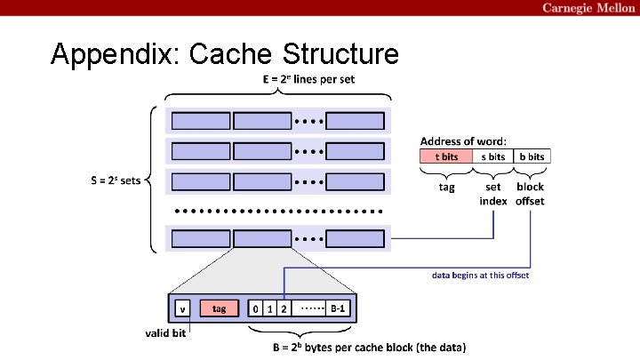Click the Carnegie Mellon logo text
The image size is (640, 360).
click(x=588, y=8)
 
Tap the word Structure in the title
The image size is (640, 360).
click(x=340, y=53)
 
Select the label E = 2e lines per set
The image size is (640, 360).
click(x=308, y=79)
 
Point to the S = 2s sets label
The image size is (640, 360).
click(x=116, y=180)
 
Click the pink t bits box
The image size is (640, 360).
click(x=446, y=156)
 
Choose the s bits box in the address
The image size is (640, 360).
click(x=493, y=156)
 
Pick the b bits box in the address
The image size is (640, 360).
click(x=532, y=156)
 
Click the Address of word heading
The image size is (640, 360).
click(x=463, y=141)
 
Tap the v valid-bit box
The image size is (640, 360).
click(x=182, y=308)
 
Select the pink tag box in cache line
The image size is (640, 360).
click(x=220, y=308)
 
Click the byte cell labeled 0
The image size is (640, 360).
click(x=255, y=308)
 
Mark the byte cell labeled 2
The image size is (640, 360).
click(x=284, y=308)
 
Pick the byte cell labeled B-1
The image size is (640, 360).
click(x=338, y=308)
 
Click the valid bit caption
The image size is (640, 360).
click(x=165, y=333)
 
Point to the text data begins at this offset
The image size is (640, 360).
click(x=480, y=275)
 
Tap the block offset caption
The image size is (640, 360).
click(x=530, y=194)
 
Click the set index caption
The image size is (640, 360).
click(x=493, y=194)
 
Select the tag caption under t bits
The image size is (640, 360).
click(x=446, y=188)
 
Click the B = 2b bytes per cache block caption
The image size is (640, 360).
click(x=370, y=348)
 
